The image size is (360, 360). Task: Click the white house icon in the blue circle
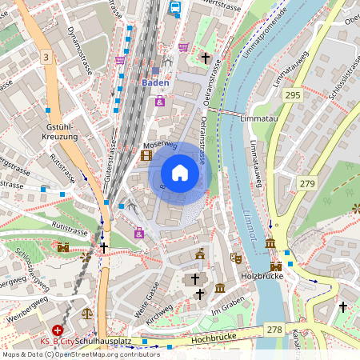[x=180, y=173]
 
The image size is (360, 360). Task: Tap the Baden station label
[x=155, y=82]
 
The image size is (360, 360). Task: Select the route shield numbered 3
[x=46, y=57]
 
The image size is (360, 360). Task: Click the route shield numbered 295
[x=293, y=95]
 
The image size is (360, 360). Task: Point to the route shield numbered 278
[x=275, y=329]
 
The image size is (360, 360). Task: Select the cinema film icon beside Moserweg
[x=146, y=155]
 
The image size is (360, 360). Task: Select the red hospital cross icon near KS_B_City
[x=58, y=330]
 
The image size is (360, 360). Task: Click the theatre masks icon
[x=235, y=258]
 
